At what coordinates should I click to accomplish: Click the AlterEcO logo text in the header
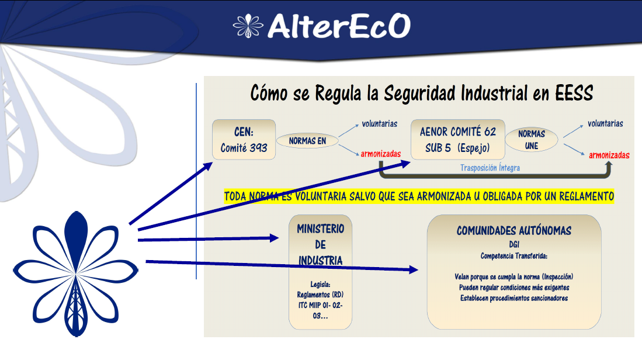[339, 26]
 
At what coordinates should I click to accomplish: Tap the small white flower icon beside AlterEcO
[248, 26]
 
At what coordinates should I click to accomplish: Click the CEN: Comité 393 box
[244, 140]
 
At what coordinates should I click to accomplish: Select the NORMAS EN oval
[307, 141]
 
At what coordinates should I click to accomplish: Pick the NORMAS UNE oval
[532, 140]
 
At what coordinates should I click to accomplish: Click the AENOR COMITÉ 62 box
[458, 140]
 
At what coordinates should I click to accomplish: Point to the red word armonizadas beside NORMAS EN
[381, 154]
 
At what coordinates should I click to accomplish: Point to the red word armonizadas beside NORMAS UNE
[609, 155]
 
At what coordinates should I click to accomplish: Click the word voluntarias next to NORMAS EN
[380, 124]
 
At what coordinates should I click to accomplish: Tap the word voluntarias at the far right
[606, 124]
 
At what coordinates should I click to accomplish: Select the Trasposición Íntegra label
[490, 168]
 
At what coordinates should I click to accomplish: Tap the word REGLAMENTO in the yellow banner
[587, 196]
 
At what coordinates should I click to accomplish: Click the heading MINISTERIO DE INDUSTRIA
[321, 244]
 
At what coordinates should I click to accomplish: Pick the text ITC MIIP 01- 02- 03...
[321, 310]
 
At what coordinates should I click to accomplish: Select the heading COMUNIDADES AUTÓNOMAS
[514, 231]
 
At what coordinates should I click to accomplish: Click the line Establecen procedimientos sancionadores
[514, 298]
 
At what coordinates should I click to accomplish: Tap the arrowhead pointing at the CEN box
[208, 166]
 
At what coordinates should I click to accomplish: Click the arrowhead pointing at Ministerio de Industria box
[275, 237]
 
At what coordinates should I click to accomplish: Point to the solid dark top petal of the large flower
[76, 236]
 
